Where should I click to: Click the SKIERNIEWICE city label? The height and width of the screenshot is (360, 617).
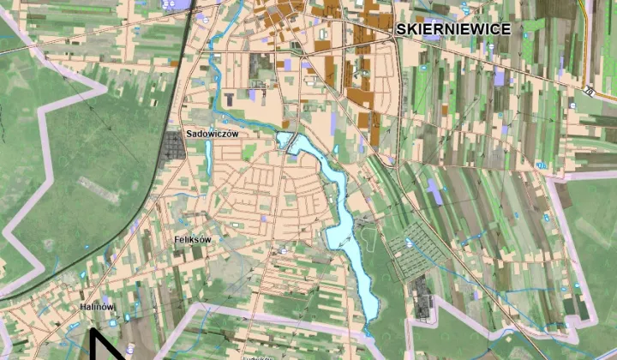coord(453,29)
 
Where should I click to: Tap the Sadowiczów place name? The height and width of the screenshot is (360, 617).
coord(211,135)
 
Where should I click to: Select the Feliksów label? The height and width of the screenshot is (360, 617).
coord(191,241)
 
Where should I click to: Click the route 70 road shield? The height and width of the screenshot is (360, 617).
coord(589,89)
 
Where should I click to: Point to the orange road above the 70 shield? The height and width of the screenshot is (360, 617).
coord(586,51)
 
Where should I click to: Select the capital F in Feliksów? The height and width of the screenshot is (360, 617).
coord(176,241)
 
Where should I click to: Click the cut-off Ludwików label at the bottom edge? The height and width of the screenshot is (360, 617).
coord(257,357)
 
